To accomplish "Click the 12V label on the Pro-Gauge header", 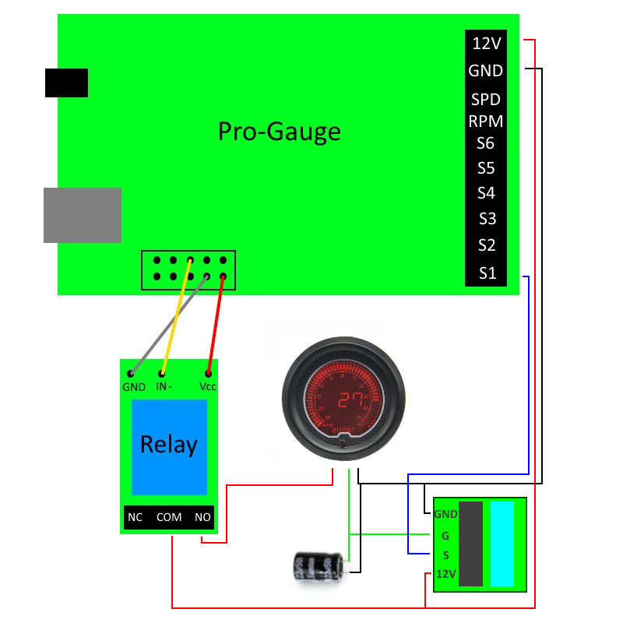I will (486, 43).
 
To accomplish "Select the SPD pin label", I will (485, 100).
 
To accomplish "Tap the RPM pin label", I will (485, 121).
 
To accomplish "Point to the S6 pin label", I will (486, 143).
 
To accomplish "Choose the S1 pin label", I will (487, 273).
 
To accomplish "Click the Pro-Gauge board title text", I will (279, 131).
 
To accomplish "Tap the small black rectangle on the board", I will (66, 83).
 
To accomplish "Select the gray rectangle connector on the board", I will (83, 215).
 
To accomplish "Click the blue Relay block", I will (169, 446).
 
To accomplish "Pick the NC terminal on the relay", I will (135, 517).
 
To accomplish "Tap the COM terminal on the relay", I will (169, 517).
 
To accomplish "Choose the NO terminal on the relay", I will (202, 517).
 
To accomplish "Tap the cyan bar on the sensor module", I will (502, 543).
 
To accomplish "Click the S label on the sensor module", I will (445, 555).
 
